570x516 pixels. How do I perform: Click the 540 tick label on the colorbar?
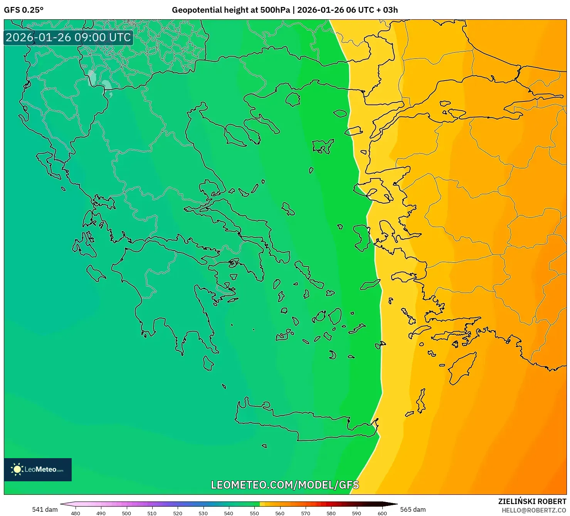(x=229, y=513)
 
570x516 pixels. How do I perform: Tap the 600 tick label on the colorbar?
(x=382, y=513)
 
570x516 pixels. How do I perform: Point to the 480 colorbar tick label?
(x=76, y=513)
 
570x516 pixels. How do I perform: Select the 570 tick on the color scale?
(x=305, y=513)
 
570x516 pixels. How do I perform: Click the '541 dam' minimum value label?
(x=45, y=509)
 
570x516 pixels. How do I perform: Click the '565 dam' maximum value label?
(x=413, y=509)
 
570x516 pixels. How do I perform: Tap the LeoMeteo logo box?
(x=38, y=469)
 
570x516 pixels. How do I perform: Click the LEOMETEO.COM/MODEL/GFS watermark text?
(x=285, y=485)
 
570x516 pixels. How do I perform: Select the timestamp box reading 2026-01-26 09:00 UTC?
(x=68, y=37)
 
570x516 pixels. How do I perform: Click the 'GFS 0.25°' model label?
(x=24, y=10)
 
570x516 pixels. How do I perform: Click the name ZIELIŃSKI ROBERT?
(x=532, y=502)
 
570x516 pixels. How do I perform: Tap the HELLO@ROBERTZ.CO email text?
(x=534, y=510)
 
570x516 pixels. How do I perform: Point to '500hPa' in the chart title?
(x=275, y=10)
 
